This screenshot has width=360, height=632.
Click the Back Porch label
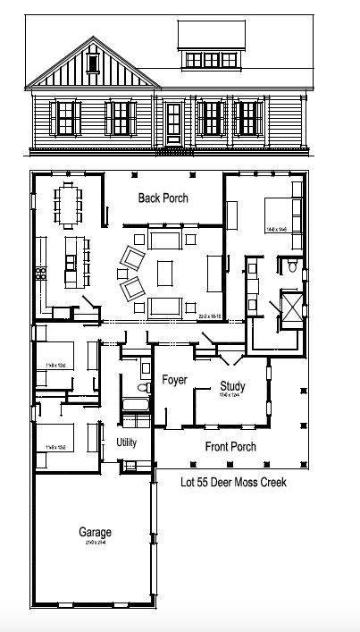163,198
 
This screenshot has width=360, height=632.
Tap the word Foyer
174,380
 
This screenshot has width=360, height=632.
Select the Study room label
232,386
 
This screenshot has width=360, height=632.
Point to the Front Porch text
230,447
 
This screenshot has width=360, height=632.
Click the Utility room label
127,442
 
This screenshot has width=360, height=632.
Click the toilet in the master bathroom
292,266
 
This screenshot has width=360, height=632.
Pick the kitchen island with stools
72,260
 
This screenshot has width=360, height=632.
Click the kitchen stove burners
39,271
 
